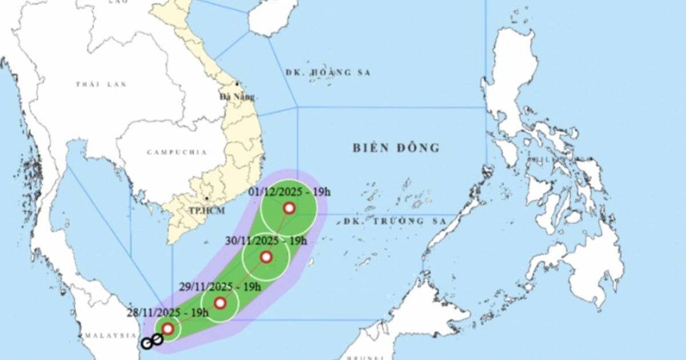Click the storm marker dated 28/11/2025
(167, 329)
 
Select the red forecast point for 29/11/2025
(220, 303)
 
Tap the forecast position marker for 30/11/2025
(266, 257)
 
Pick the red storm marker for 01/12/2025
(289, 208)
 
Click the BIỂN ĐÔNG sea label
(396, 148)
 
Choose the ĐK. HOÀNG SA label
(328, 73)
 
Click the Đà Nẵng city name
(237, 97)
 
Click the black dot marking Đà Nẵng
(237, 84)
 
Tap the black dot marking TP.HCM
(206, 199)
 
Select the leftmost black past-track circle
(147, 343)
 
